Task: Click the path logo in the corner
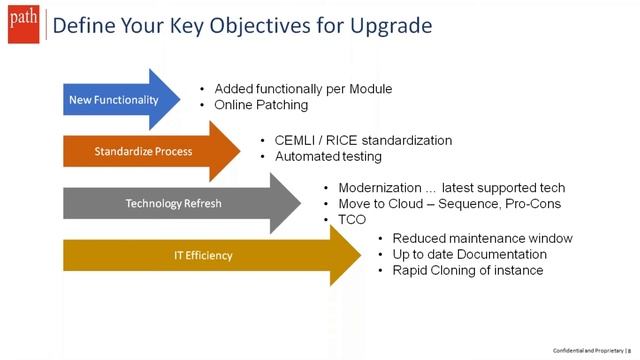(20, 23)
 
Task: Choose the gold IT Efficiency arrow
(200, 255)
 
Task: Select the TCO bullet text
(352, 220)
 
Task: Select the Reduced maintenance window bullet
(482, 238)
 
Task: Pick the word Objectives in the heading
(231, 24)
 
